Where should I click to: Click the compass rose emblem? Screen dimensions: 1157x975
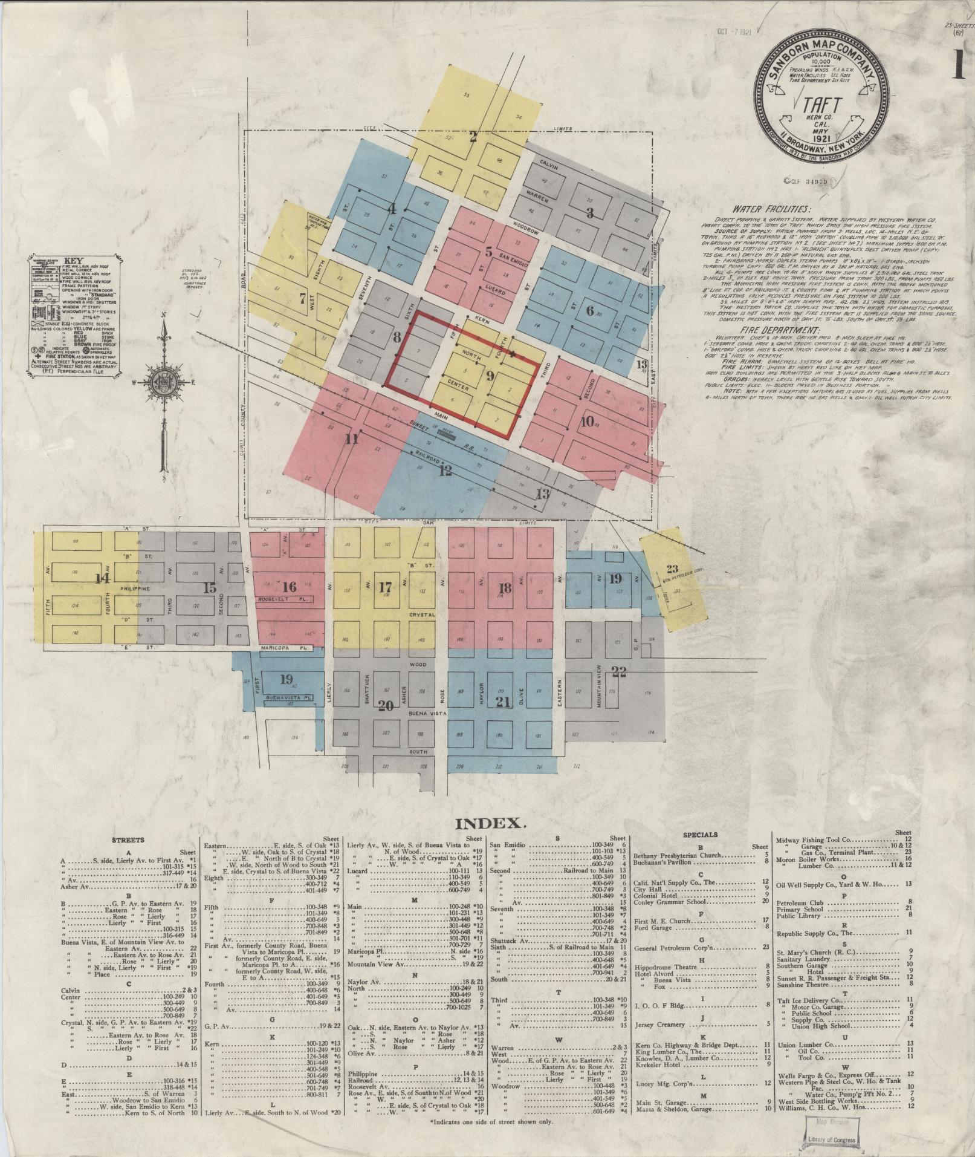[x=163, y=382]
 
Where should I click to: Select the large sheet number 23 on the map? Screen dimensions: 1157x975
[x=673, y=569]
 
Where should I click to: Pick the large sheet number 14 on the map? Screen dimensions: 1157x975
[x=102, y=579]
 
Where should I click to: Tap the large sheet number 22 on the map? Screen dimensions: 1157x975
[x=618, y=670]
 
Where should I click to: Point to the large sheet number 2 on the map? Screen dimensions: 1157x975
[x=474, y=137]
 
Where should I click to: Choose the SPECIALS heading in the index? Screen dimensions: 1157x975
[x=700, y=835]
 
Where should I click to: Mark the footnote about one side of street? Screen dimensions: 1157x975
[x=491, y=1121]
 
